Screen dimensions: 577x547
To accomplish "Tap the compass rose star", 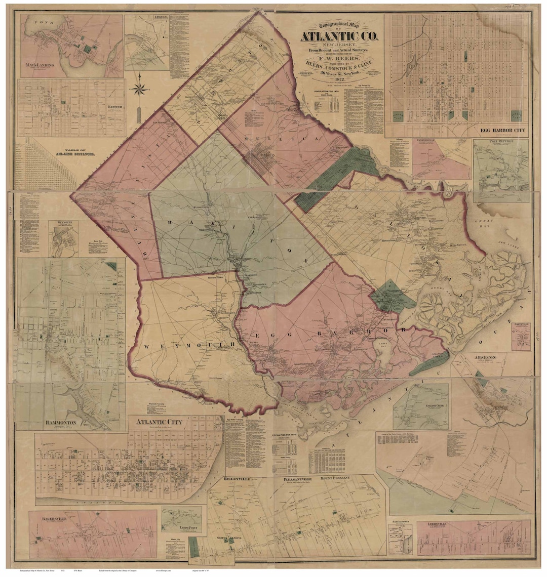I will pos(140,90).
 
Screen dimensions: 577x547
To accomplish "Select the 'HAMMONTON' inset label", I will pos(37,422).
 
